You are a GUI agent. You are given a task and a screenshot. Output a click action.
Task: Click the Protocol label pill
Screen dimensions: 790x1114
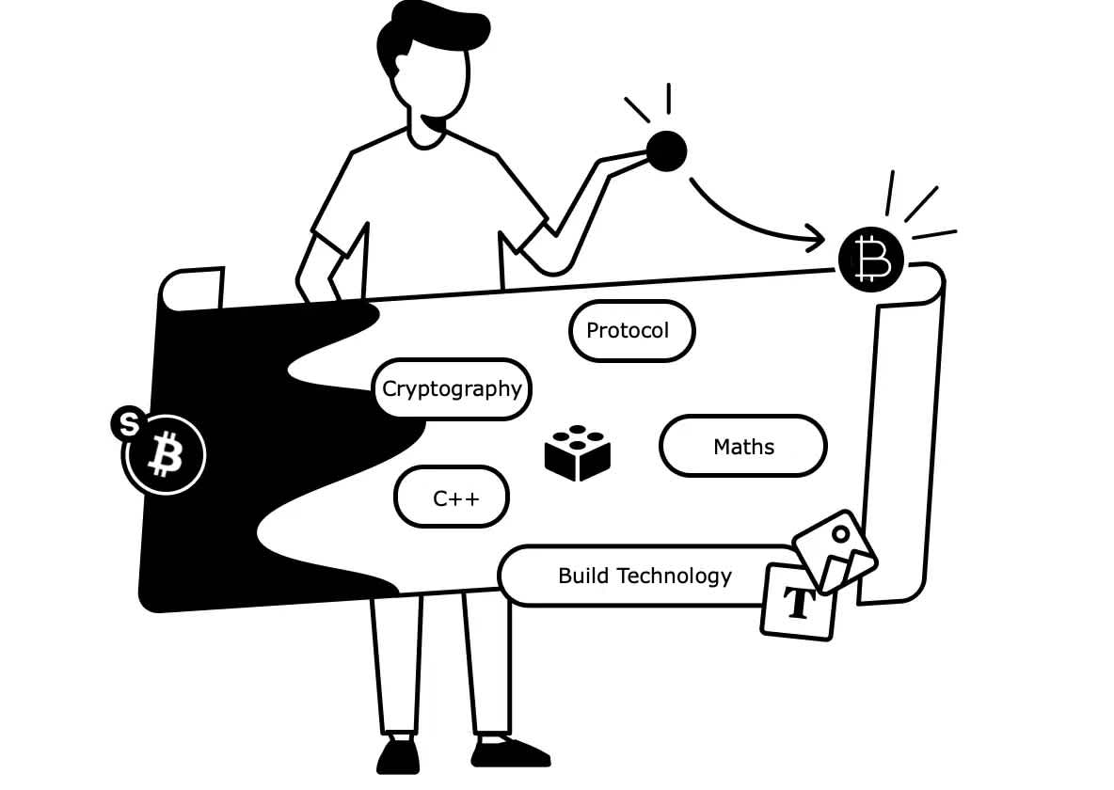coord(631,330)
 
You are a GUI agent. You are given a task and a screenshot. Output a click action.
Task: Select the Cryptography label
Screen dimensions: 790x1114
coord(452,388)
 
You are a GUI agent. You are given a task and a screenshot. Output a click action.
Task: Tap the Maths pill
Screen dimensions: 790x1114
coord(743,446)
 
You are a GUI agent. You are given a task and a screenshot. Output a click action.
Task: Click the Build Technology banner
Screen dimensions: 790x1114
coord(645,576)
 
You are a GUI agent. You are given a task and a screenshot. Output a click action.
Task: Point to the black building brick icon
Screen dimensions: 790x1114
coord(578,453)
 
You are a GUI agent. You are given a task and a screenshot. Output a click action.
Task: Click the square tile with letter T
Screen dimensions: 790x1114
coord(799,603)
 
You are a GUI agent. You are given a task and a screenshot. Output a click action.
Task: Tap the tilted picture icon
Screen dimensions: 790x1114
coord(835,550)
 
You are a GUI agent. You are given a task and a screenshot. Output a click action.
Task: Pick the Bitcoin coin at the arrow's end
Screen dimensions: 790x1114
coord(870,258)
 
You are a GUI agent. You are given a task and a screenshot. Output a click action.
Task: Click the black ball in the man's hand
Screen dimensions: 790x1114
coord(666,150)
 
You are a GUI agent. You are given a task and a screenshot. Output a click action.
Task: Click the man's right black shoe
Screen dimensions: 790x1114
coord(508,752)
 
